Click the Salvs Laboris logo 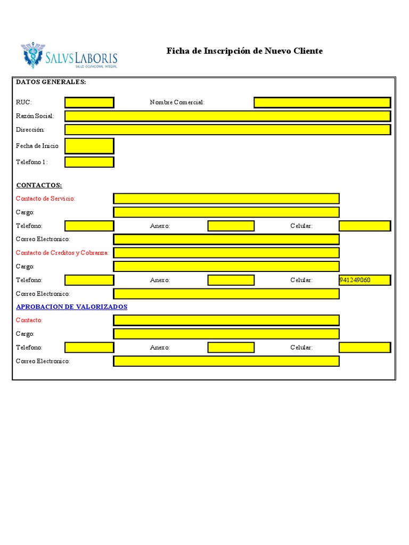pos(69,56)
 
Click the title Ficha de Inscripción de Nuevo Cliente pos(244,51)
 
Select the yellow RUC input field pos(89,102)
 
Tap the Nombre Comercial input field pos(322,102)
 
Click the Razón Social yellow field pos(227,116)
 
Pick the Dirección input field pos(227,129)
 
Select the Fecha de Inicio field pos(89,146)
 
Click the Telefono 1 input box pos(89,162)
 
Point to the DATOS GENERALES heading pos(51,82)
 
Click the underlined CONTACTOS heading pos(39,185)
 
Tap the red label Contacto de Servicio pos(45,199)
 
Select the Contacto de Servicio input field pos(226,199)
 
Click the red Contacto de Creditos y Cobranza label pos(62,253)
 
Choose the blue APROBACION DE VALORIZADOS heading pos(71,307)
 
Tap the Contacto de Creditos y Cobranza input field pos(226,253)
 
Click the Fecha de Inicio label pos(37,146)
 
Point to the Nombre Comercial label pos(177,102)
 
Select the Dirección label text pos(30,129)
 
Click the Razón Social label pos(35,116)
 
